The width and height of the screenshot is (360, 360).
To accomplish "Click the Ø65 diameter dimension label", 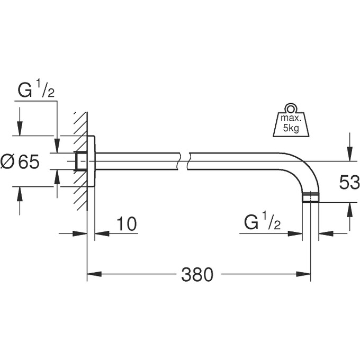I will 21,162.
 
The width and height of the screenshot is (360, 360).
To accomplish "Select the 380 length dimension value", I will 196,274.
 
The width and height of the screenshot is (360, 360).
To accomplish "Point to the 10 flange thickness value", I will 126,224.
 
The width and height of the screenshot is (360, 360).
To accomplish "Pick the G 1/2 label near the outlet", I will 263,223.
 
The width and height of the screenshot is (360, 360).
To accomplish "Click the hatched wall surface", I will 80,154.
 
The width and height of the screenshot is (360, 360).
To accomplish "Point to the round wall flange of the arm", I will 91,160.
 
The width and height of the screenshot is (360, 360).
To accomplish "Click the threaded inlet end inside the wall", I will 81,161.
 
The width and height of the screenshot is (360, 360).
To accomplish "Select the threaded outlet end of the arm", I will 311,199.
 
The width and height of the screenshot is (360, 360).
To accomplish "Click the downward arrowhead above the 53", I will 349,154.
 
